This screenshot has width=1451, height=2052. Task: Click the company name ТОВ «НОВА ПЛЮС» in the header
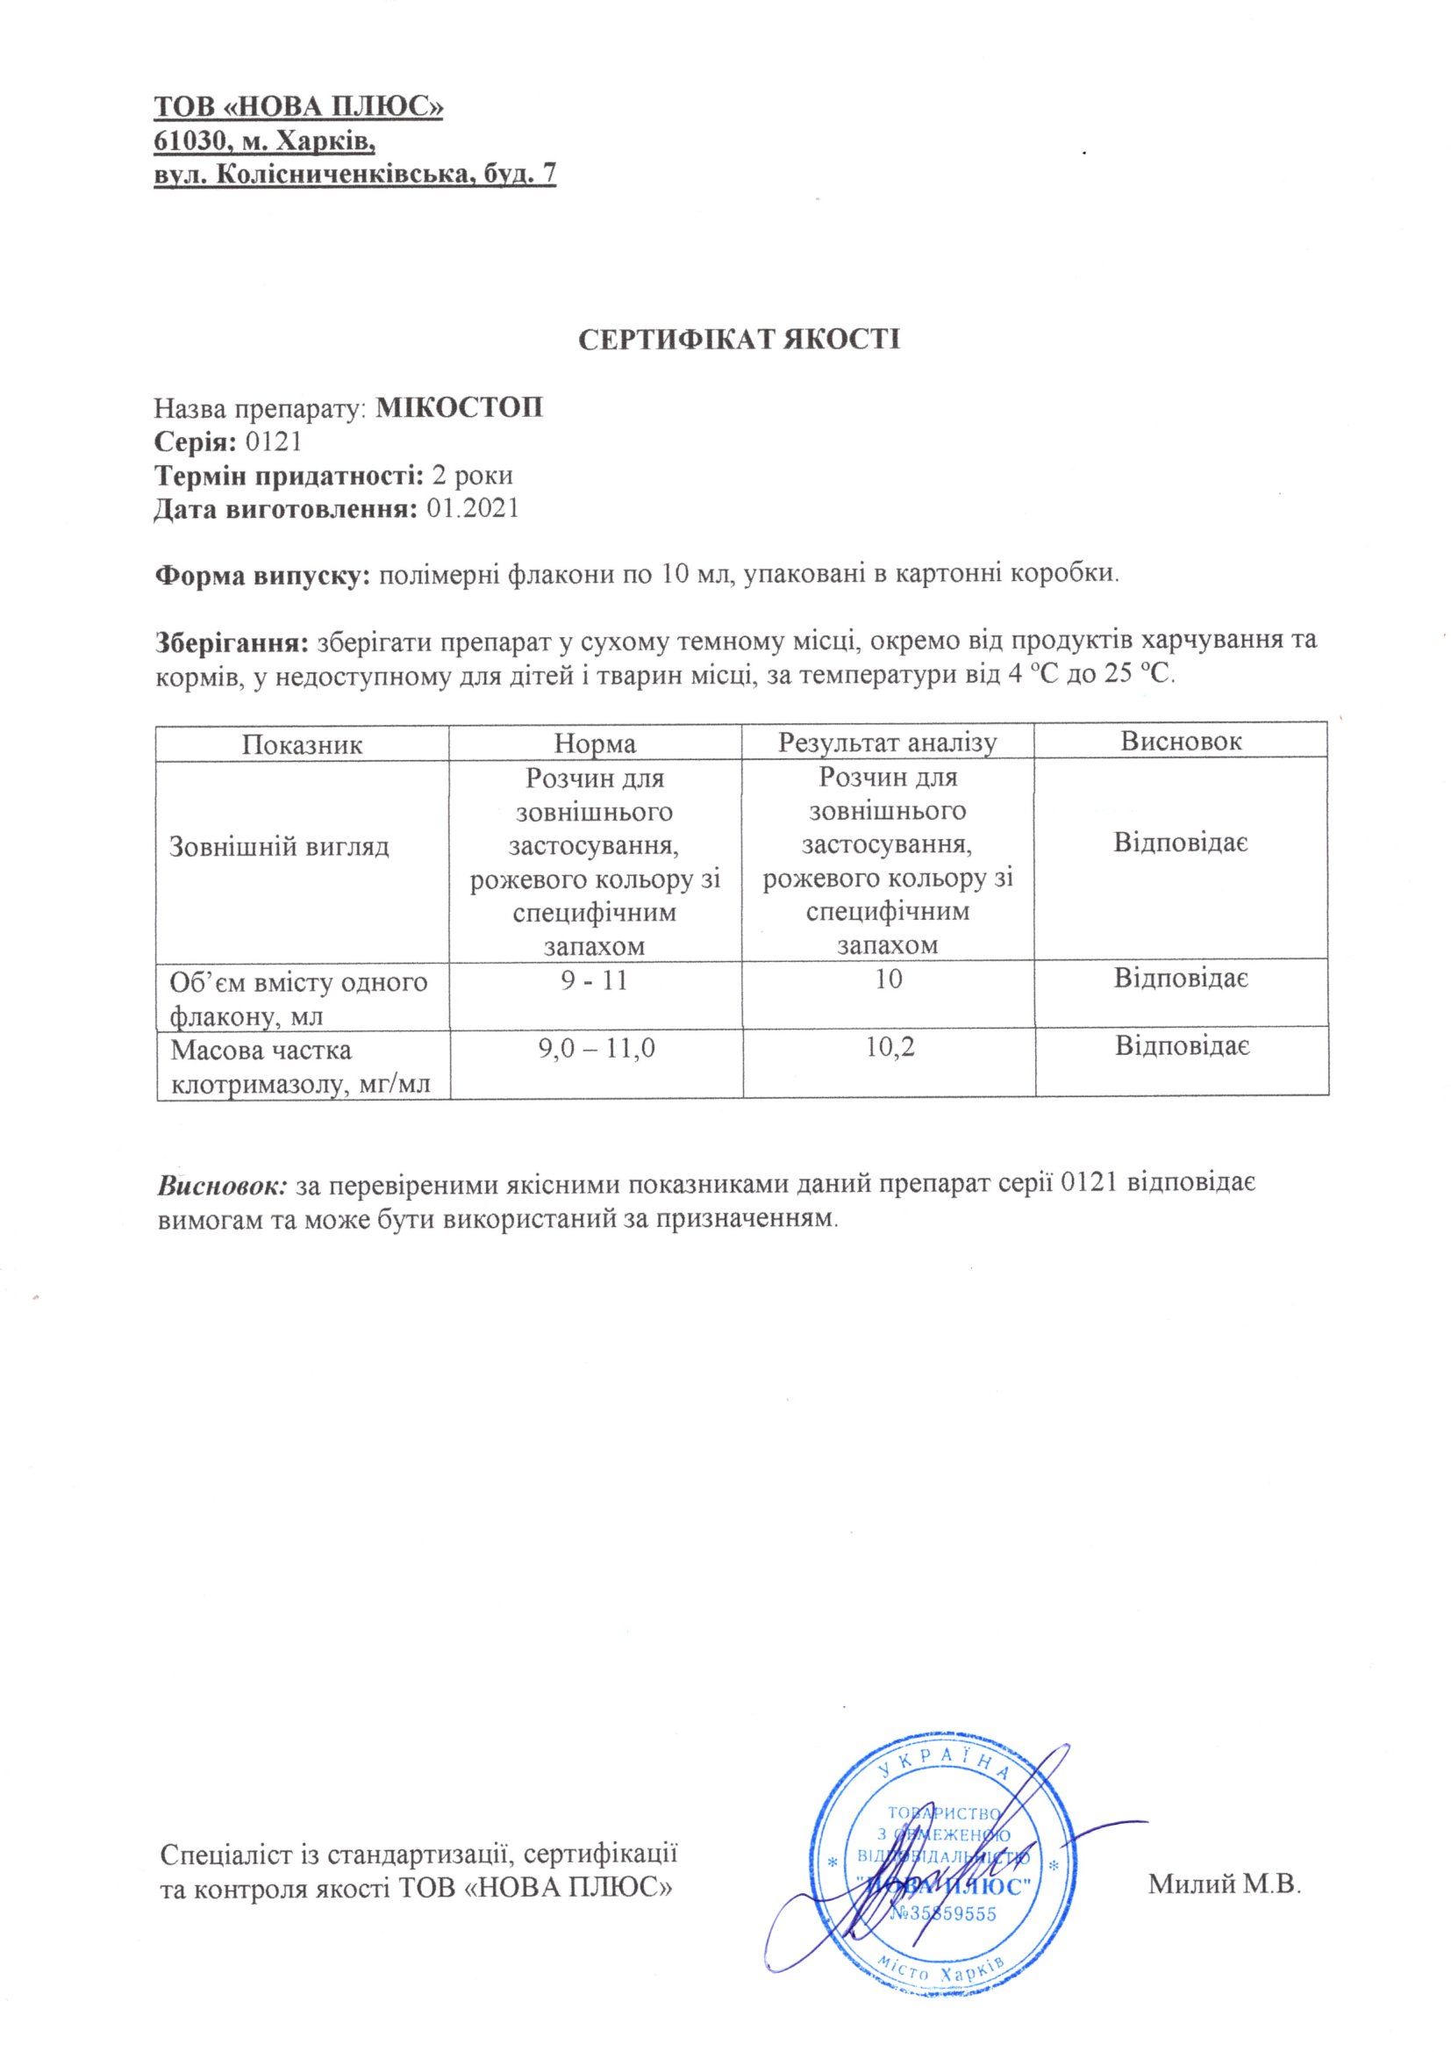[299, 107]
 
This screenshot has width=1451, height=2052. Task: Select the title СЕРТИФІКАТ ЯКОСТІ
[740, 340]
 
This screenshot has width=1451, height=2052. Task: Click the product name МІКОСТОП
[459, 408]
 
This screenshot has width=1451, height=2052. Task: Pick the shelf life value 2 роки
[472, 476]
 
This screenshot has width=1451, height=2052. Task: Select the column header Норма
[595, 743]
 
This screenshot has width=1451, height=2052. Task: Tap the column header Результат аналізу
[887, 743]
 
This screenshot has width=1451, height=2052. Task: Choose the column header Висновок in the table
[1180, 741]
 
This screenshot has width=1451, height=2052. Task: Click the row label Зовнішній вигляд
[280, 846]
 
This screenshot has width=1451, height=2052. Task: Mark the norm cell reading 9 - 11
[595, 980]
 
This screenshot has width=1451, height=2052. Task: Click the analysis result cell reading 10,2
[890, 1046]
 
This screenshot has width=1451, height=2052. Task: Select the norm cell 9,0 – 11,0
[597, 1047]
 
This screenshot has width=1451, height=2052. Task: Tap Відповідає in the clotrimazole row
[1181, 1045]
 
